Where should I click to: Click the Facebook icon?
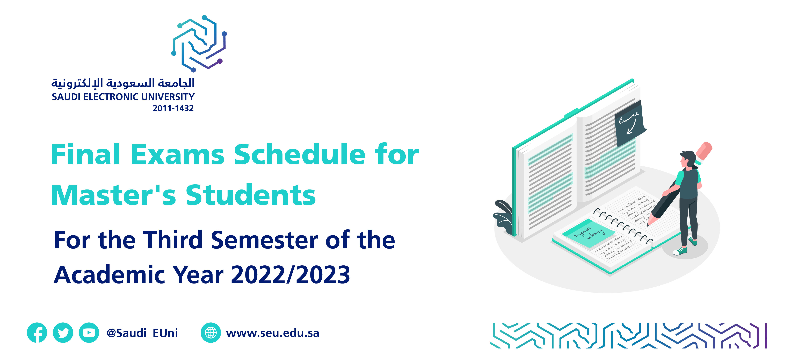tap(37, 333)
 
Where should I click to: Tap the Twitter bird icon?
tap(63, 333)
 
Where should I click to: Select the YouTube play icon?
tap(89, 333)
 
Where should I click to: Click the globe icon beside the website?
tap(211, 333)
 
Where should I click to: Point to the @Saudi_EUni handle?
tap(142, 333)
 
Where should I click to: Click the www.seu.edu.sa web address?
tap(273, 333)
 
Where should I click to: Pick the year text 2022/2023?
tap(291, 275)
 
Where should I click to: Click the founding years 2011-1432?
tap(173, 108)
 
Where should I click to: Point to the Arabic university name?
tap(123, 83)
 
